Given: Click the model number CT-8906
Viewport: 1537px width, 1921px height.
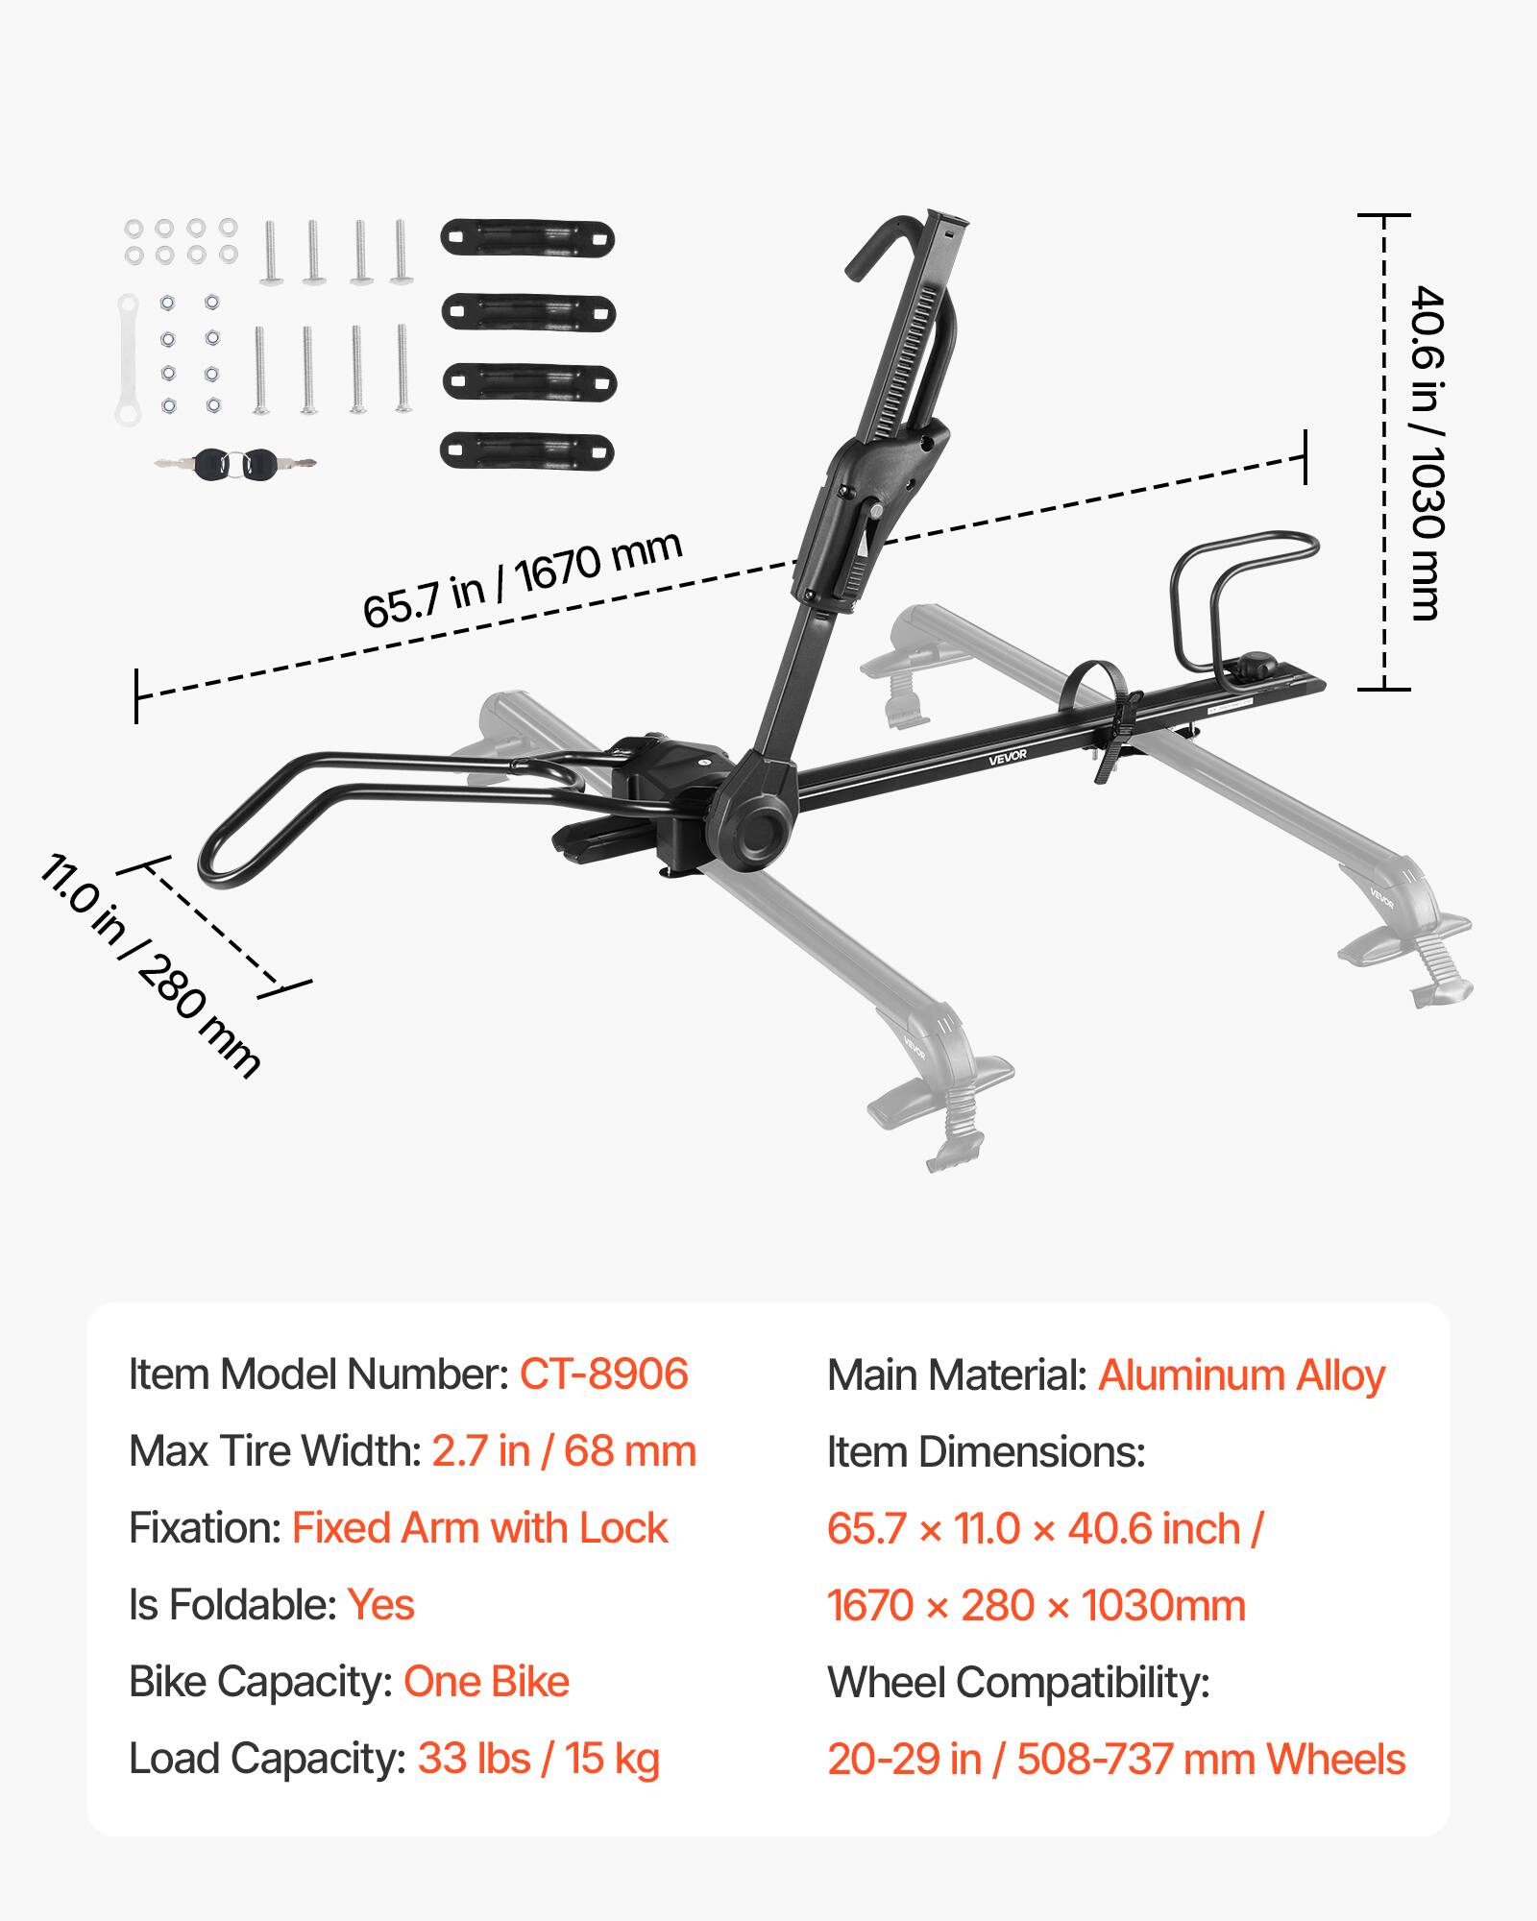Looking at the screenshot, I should pos(603,1374).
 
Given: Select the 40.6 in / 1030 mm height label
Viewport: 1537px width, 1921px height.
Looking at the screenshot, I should pos(1427,452).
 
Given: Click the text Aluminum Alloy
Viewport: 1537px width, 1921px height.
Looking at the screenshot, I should pos(1241,1375).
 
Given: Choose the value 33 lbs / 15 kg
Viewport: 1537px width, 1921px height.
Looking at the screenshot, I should pos(538,1759).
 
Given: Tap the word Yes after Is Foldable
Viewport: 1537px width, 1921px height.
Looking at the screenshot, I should pos(380,1605).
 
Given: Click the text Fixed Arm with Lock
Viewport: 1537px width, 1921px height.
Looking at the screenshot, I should pos(479,1528).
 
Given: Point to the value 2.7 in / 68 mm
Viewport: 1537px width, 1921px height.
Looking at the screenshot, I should pos(563,1451).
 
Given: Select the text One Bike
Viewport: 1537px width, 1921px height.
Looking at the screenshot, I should pos(486,1682).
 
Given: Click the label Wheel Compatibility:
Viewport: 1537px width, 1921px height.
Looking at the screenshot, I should pos(1018,1683).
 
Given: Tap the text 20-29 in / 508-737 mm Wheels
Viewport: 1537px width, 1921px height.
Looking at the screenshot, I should pos(1116,1760).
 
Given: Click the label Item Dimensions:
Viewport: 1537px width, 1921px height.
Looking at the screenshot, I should pos(986,1452).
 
